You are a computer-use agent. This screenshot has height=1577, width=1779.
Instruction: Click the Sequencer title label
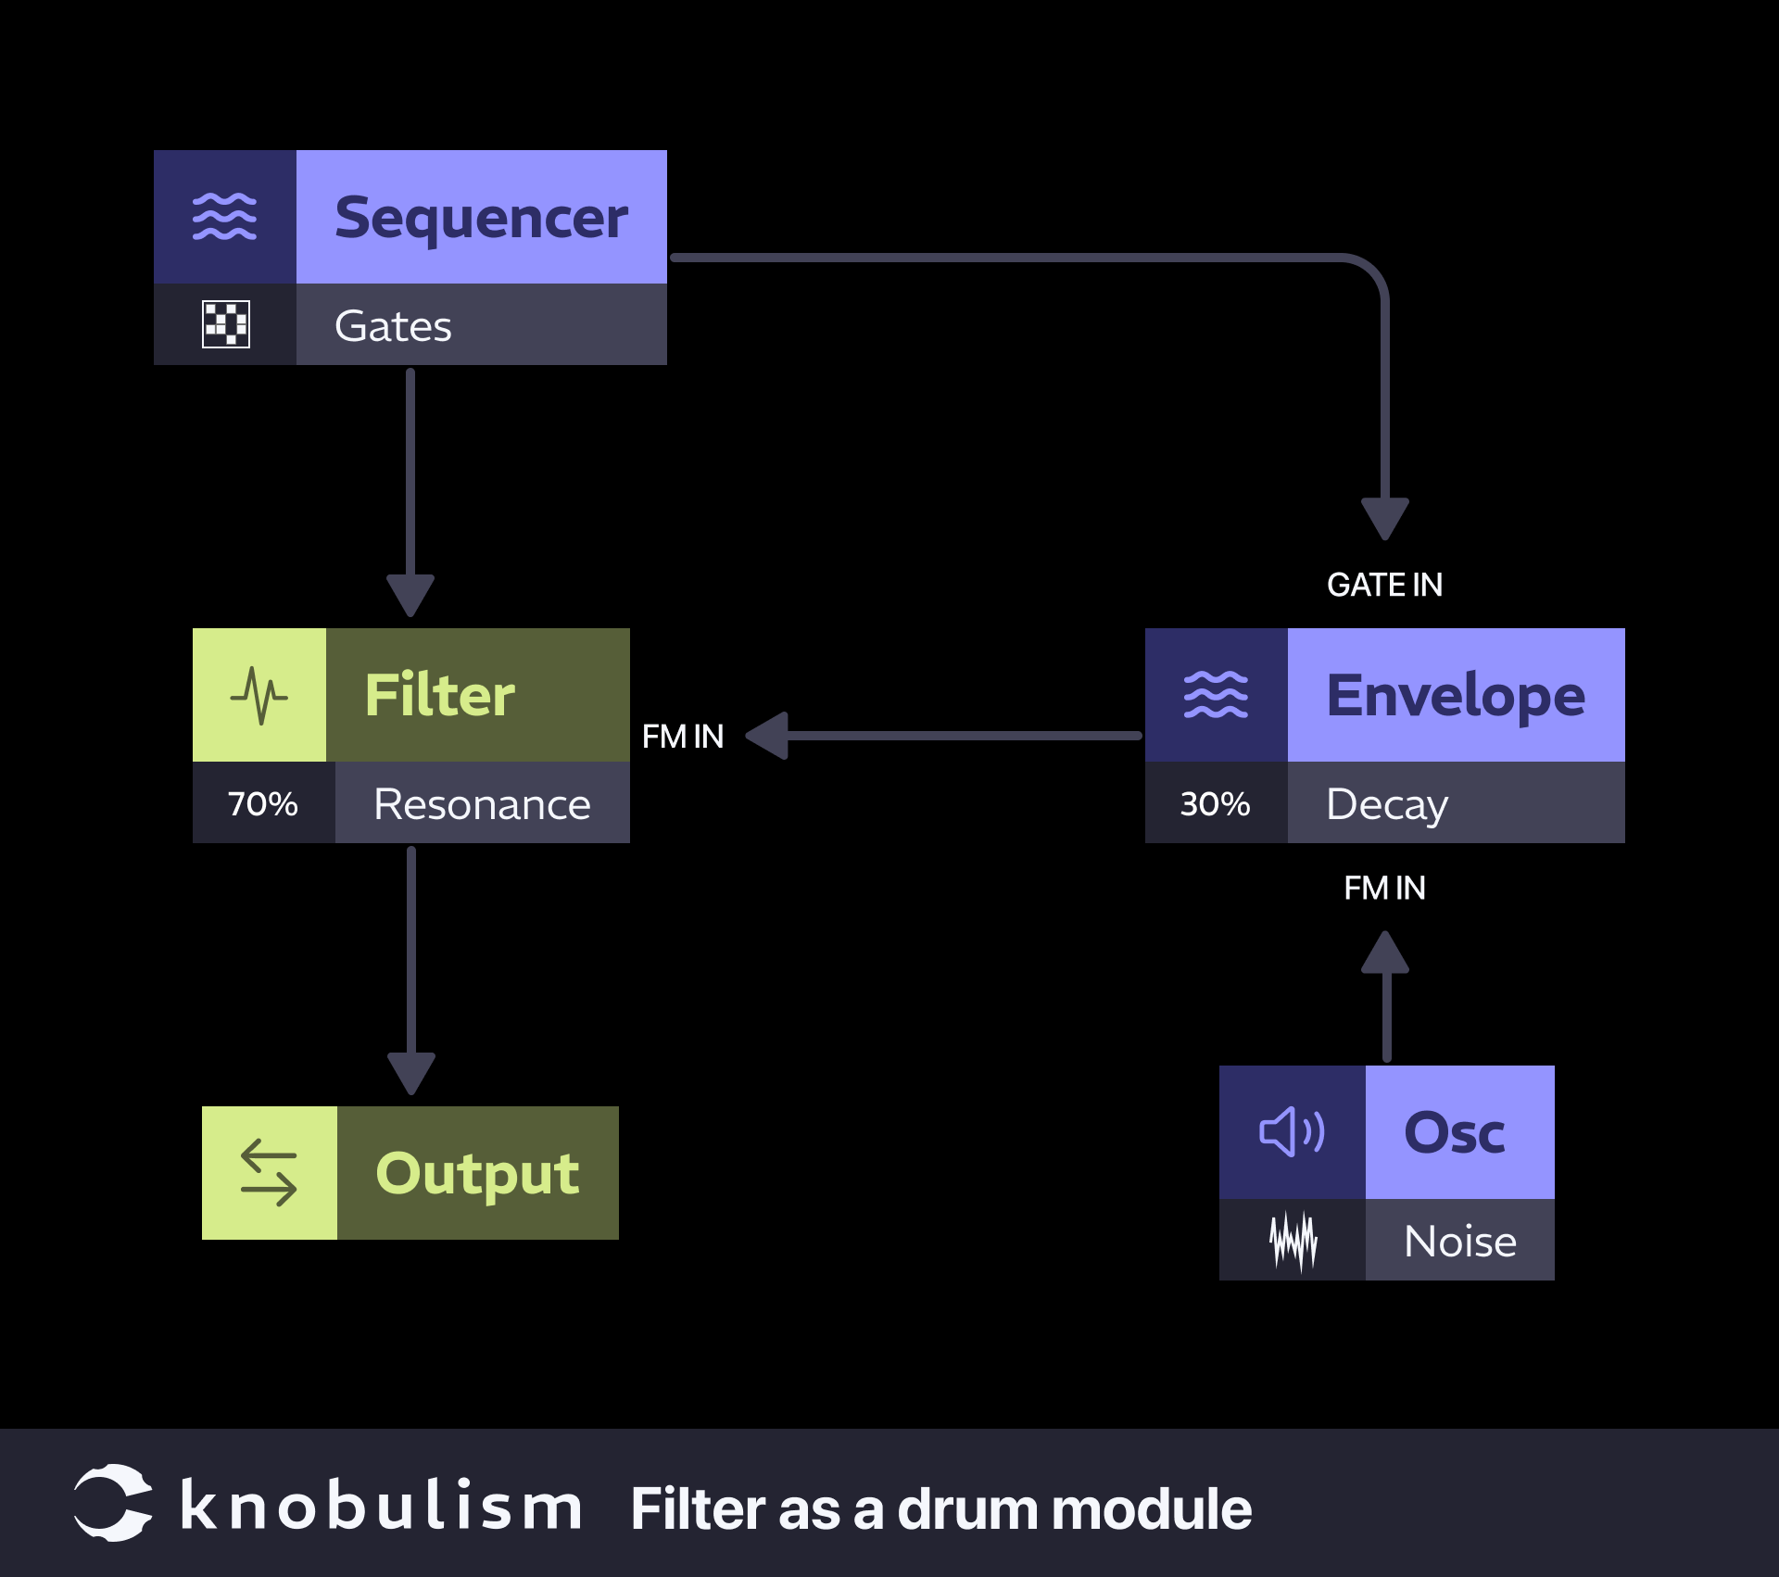(481, 218)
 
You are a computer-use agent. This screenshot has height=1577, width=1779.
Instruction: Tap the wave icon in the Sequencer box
(224, 217)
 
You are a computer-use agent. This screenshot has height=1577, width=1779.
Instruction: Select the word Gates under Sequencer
(393, 325)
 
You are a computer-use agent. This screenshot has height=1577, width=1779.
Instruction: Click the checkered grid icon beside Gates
(225, 324)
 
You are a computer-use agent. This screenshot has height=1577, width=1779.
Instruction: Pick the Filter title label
(440, 695)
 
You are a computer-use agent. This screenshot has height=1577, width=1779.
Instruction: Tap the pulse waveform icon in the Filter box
(259, 695)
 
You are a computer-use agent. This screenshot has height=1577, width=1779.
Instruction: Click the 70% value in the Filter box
(263, 803)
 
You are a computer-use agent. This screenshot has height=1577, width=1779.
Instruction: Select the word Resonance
(482, 803)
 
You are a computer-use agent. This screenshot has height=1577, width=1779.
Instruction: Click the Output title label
(477, 1173)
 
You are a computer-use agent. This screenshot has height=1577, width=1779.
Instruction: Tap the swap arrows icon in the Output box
(269, 1173)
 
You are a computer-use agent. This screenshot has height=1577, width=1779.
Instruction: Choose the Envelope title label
(1456, 695)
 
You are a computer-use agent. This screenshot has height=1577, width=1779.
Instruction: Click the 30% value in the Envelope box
(1215, 803)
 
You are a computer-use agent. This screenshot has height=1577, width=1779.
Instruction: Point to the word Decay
(1386, 803)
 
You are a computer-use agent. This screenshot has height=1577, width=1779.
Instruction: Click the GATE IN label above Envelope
(1384, 585)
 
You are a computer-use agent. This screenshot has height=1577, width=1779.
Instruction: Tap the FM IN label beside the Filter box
(683, 737)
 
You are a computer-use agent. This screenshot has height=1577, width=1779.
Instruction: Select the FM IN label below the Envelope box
(1384, 888)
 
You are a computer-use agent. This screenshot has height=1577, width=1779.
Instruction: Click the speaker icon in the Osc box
(1292, 1131)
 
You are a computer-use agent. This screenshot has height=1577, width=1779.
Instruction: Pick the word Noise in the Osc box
(1460, 1241)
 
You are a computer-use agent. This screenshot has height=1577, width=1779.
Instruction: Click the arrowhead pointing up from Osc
(1385, 954)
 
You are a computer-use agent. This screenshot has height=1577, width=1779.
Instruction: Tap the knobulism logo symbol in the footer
(113, 1503)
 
